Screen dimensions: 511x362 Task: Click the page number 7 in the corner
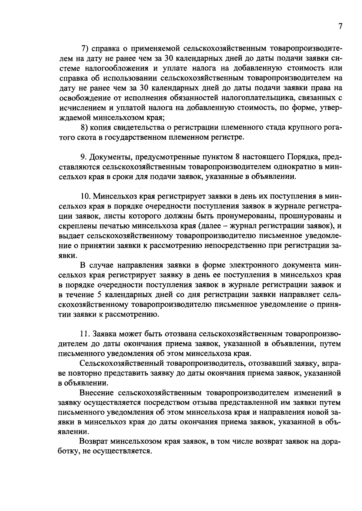click(x=340, y=27)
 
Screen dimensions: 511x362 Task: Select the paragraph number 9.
click(x=83, y=157)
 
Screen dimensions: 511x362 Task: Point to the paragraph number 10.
click(x=85, y=196)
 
